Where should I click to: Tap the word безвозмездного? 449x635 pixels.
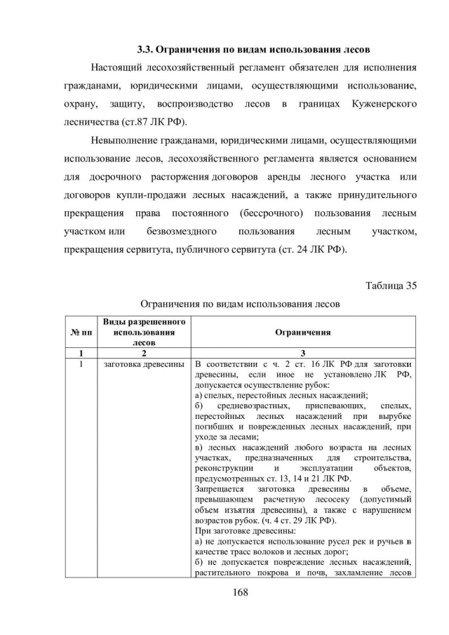[181, 232]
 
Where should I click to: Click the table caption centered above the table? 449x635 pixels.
[241, 305]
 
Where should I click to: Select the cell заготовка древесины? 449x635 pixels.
[145, 364]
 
